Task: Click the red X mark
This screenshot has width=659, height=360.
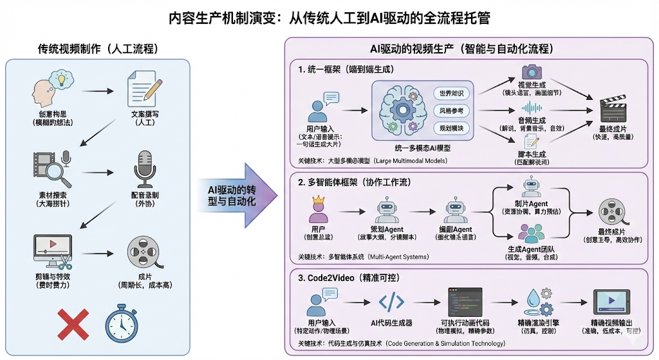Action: pyautogui.click(x=73, y=324)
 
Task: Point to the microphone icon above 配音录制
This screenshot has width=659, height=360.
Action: pyautogui.click(x=141, y=169)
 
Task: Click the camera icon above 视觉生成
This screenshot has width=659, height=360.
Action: pyautogui.click(x=532, y=71)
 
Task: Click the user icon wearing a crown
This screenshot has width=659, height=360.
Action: pyautogui.click(x=318, y=209)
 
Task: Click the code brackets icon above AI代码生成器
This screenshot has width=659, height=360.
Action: pyautogui.click(x=392, y=301)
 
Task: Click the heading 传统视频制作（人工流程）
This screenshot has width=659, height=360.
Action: pyautogui.click(x=98, y=49)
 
